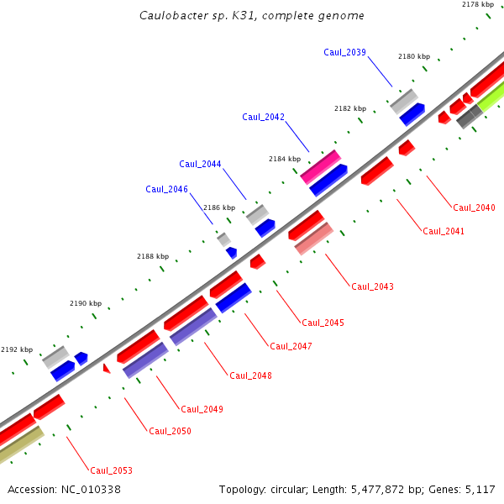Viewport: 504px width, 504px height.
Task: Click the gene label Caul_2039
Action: tap(344, 52)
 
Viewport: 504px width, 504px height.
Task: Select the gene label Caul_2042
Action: tap(263, 117)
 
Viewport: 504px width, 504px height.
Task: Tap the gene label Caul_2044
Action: tap(200, 164)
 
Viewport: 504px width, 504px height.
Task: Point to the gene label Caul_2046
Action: tap(166, 189)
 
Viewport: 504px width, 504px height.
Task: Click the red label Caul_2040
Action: tap(474, 207)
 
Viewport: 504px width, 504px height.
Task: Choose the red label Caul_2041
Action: tap(444, 231)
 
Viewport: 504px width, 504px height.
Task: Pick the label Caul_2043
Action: tap(372, 286)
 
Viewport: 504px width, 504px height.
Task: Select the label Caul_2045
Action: tap(323, 323)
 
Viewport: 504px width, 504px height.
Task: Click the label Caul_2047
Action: tap(291, 346)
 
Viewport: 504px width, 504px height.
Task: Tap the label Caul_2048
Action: tap(250, 375)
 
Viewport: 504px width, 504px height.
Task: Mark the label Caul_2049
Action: tap(202, 409)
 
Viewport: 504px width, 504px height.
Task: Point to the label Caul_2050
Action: tap(170, 431)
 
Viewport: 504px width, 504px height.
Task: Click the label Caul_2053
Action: tap(111, 470)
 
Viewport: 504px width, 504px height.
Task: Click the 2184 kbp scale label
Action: tap(285, 158)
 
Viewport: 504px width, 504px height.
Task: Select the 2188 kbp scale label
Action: tap(153, 256)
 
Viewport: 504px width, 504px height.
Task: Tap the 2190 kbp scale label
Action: tap(85, 303)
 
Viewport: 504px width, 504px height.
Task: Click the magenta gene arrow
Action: tap(320, 166)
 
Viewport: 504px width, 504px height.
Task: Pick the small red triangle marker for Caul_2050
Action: tap(107, 367)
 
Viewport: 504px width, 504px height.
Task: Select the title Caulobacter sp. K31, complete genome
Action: tap(252, 15)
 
